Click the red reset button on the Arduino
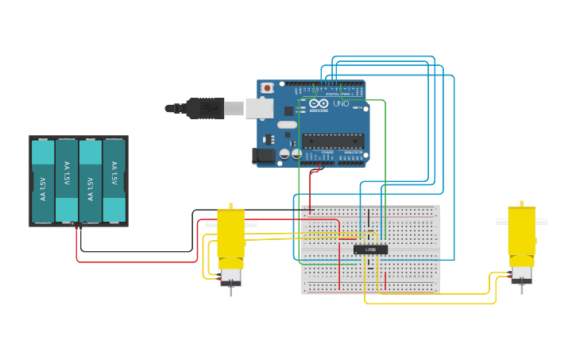tap(268, 87)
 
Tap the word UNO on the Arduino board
tap(340, 104)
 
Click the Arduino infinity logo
tap(319, 104)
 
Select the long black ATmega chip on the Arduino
tap(333, 141)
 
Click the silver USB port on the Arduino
tap(259, 108)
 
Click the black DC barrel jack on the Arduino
tap(263, 157)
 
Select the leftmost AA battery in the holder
tap(43, 181)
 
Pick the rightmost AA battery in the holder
tap(114, 181)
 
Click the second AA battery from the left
tap(67, 181)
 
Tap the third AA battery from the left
tap(91, 181)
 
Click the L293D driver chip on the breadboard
tap(370, 250)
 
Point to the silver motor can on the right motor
tap(522, 274)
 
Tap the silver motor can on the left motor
tap(231, 277)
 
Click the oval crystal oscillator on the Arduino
tap(287, 125)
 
